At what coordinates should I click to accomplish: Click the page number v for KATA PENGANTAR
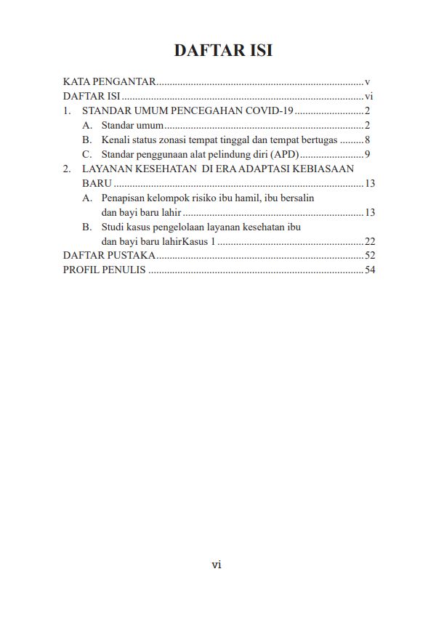pos(368,82)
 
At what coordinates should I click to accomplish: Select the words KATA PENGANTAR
pos(109,82)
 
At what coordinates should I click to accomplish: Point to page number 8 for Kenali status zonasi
pos(368,140)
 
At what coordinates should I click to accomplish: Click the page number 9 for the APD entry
pos(368,154)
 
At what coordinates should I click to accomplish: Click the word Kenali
pos(115,140)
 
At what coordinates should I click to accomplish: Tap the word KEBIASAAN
pos(328,169)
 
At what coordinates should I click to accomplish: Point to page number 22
pos(369,241)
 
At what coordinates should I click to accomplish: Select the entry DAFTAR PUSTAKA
pos(109,256)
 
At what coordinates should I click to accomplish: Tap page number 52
pos(369,256)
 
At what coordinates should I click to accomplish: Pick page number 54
pos(369,270)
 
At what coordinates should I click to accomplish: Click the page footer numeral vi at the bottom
pos(217,565)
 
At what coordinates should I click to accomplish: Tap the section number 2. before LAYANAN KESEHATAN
pos(67,169)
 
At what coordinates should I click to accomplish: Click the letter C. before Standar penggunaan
pos(86,154)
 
